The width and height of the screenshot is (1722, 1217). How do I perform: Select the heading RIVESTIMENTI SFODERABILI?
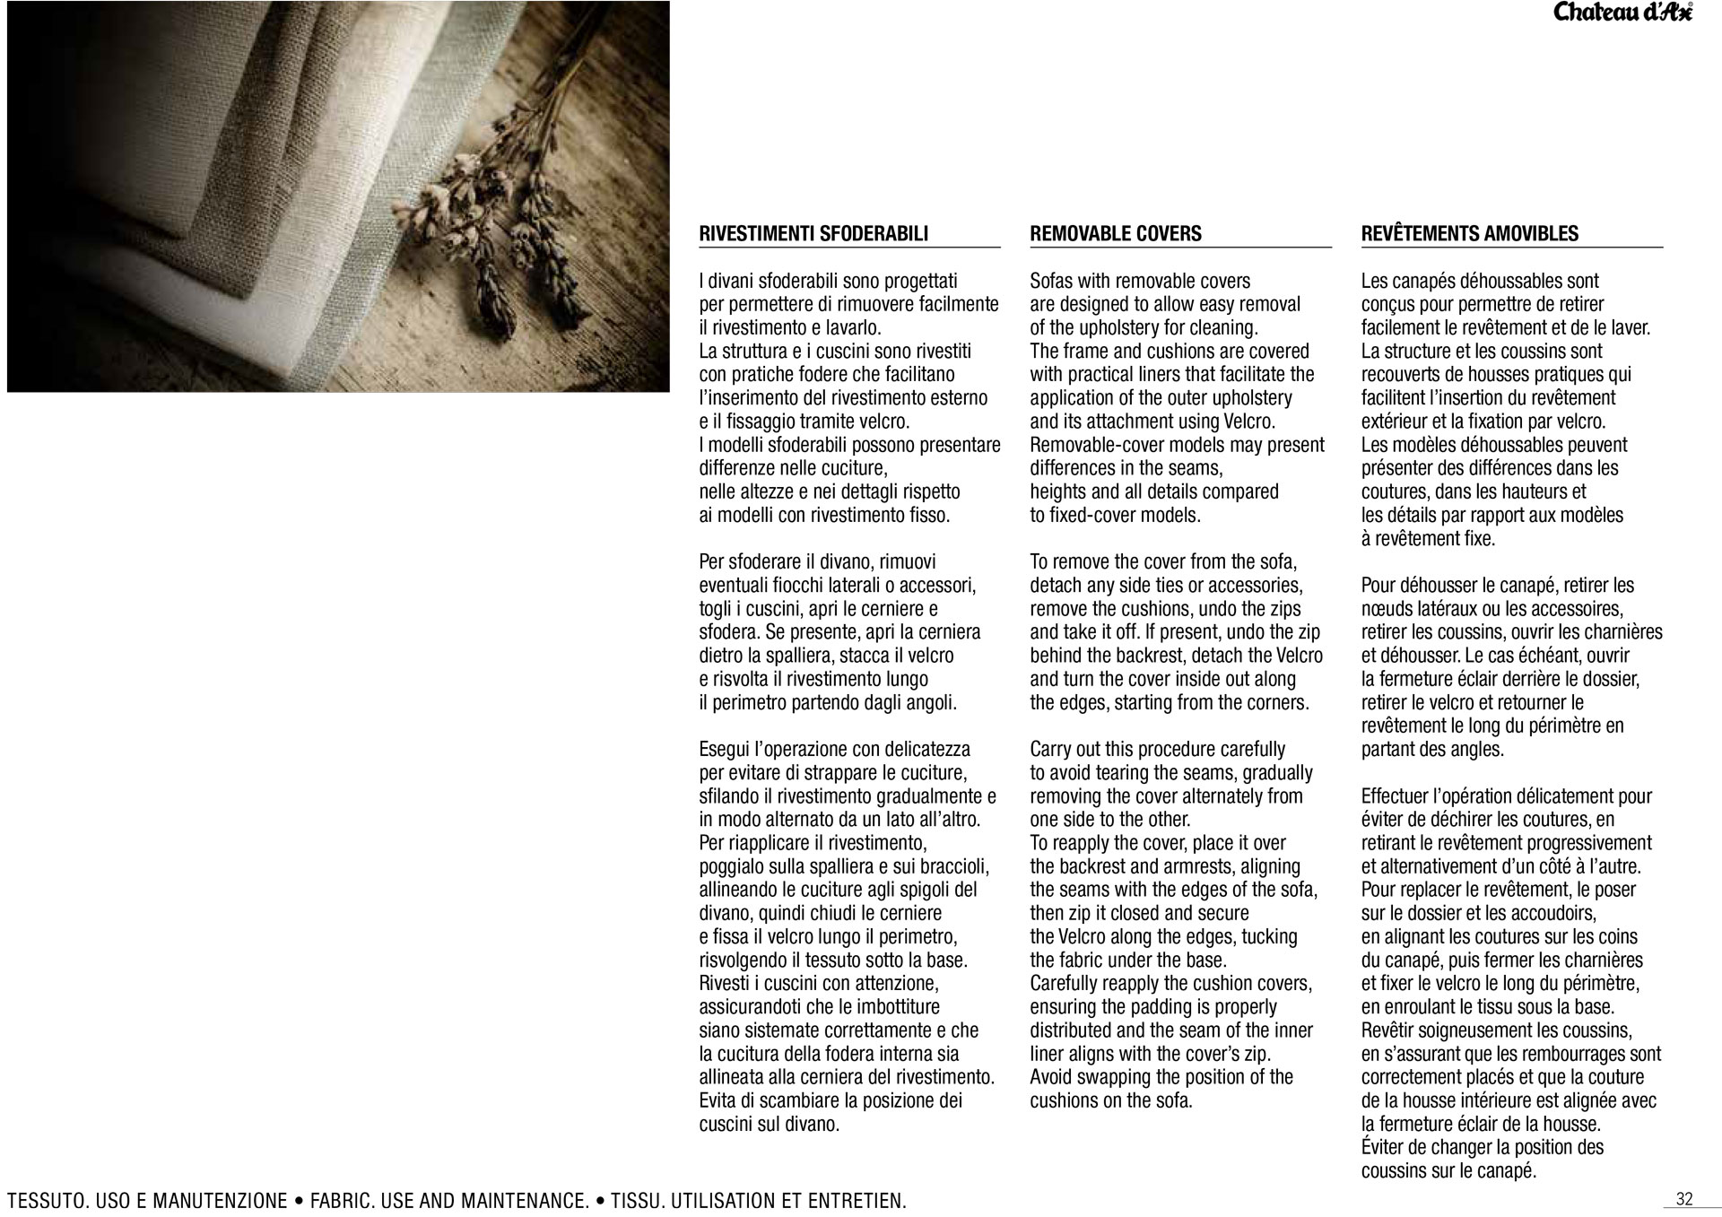813,234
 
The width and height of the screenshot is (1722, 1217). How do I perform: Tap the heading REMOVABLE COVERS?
1115,234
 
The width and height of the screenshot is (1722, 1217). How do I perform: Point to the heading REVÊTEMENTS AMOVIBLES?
1469,234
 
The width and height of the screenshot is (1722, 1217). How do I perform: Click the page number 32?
1683,1199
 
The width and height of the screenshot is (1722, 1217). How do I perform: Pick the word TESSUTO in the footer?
48,1201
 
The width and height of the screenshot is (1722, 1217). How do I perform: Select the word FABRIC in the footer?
343,1201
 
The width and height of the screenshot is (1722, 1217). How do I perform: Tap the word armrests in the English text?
1195,866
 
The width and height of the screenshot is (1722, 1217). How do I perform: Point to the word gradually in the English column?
1276,773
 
